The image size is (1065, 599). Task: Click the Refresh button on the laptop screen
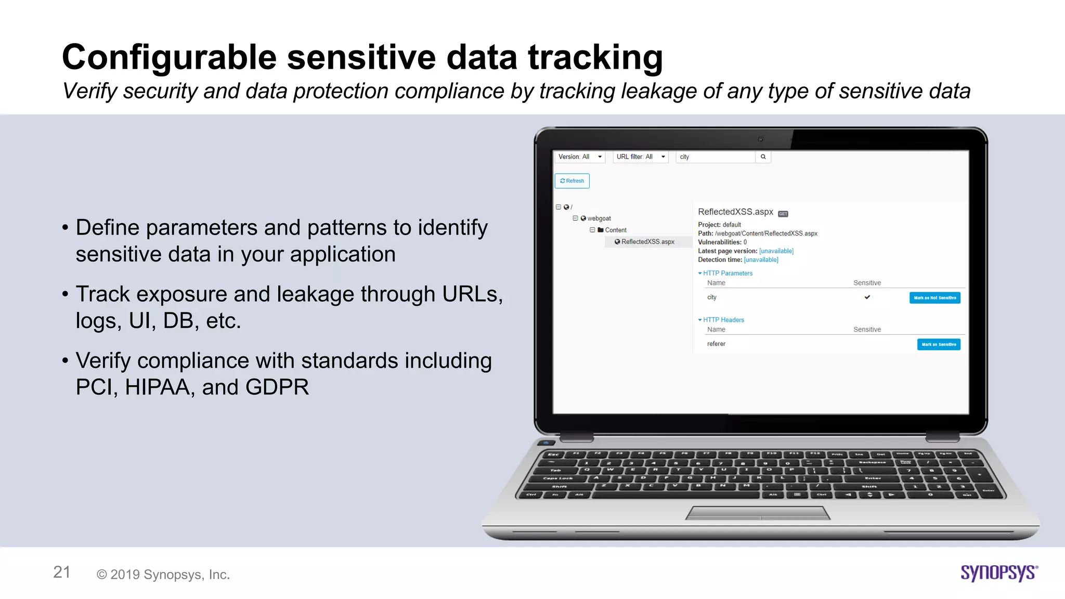tap(572, 181)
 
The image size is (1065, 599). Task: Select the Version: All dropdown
tap(579, 157)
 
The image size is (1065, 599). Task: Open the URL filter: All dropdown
tap(640, 157)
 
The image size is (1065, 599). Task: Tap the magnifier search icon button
tap(763, 157)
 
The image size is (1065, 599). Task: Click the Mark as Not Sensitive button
tap(934, 298)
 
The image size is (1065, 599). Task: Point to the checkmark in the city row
tap(867, 297)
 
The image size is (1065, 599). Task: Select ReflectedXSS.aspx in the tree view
tap(647, 242)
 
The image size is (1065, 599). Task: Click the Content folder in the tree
tap(615, 230)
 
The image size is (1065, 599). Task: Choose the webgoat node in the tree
tap(599, 218)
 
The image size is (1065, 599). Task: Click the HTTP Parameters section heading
tap(727, 273)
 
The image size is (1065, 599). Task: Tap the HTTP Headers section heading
tap(723, 320)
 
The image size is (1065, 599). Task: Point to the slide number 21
tap(62, 572)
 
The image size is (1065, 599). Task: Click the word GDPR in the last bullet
tap(277, 387)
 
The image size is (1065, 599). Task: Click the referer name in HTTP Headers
tap(716, 344)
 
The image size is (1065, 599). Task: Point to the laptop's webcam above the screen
tap(760, 139)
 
